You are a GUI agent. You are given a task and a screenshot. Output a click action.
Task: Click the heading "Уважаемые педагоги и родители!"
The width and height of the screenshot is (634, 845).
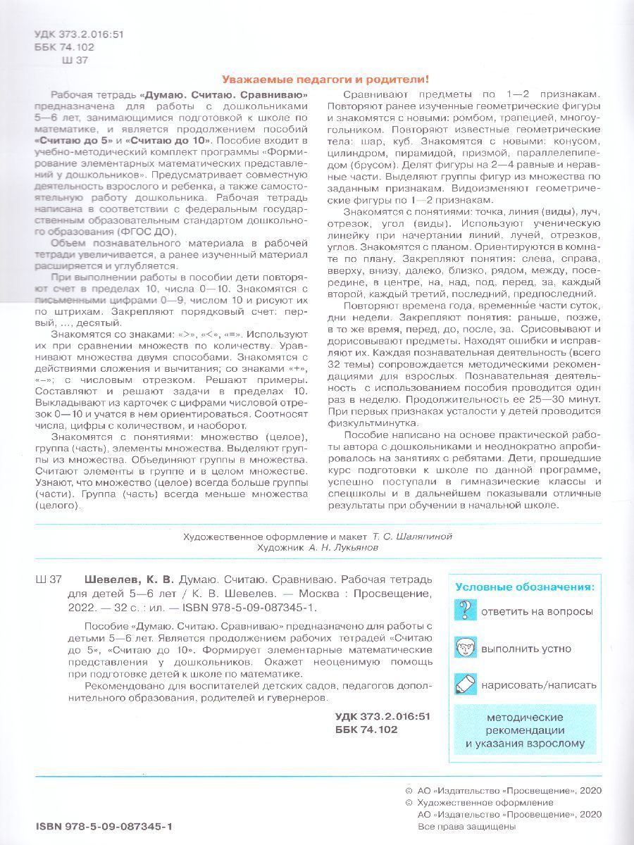[325, 80]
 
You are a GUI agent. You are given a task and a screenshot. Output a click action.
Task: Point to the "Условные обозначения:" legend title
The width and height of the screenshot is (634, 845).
[524, 586]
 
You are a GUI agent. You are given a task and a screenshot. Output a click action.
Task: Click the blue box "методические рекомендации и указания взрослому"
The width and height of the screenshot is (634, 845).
[525, 730]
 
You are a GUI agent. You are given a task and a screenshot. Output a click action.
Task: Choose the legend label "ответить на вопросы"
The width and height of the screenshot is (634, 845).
[536, 611]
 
